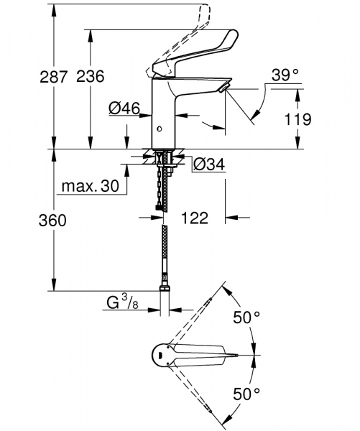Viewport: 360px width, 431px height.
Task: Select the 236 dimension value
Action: [91, 77]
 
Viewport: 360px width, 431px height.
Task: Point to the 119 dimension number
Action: [317, 119]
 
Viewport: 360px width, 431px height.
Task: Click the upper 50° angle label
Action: [247, 317]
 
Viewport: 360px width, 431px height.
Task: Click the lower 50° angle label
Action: [247, 393]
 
